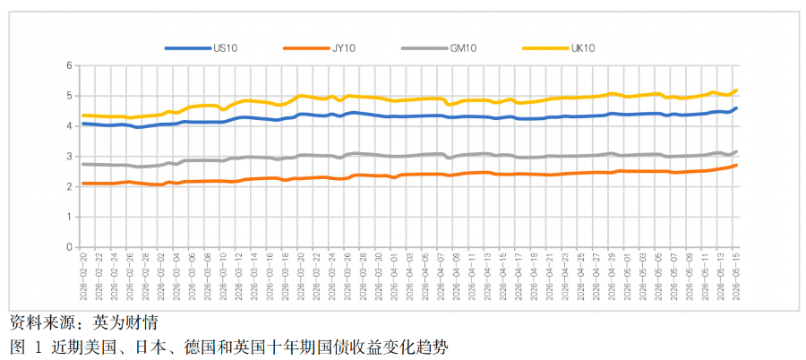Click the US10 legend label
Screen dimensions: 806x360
point(225,48)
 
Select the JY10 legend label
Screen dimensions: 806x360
point(344,48)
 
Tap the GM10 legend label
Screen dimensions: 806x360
point(464,48)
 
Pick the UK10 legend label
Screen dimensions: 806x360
point(582,48)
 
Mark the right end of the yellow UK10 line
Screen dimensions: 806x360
point(737,90)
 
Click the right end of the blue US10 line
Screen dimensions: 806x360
point(737,108)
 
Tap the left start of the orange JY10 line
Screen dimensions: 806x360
point(82,183)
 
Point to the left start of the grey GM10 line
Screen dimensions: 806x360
point(82,164)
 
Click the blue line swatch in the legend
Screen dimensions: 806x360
point(188,48)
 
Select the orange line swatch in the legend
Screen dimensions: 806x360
point(306,48)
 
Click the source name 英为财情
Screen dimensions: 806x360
point(124,323)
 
